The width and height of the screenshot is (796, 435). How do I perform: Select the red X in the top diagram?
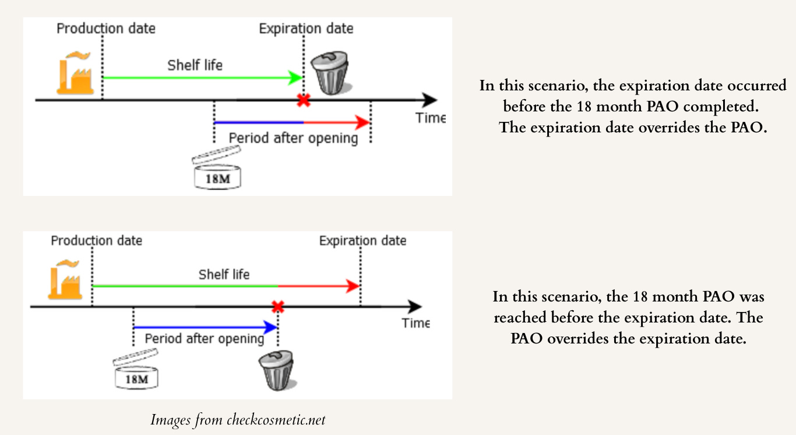point(303,100)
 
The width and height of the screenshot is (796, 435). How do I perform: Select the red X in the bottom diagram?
point(278,307)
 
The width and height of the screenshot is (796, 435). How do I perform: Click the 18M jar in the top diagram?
point(217,172)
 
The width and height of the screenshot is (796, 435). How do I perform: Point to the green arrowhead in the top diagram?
point(297,77)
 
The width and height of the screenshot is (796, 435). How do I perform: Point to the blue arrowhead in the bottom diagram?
point(270,327)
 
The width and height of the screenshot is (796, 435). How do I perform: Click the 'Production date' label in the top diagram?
point(106,29)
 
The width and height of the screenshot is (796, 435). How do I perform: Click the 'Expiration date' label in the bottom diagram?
point(362,241)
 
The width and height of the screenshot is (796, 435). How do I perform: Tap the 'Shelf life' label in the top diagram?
point(195,65)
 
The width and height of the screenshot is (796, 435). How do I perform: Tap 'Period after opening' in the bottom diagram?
point(204,339)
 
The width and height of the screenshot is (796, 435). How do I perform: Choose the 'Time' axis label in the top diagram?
point(430,118)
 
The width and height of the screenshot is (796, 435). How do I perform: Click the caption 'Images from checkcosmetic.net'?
point(238,419)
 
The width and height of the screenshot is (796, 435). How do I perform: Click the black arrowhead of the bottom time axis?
point(414,307)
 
